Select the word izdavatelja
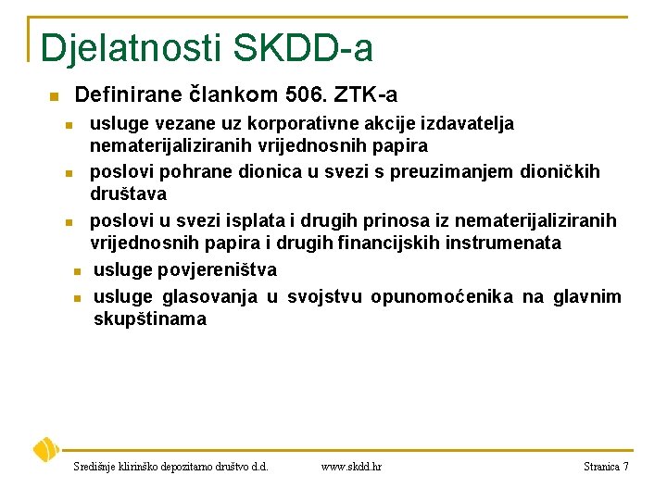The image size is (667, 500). point(469,123)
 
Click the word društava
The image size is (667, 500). point(128,194)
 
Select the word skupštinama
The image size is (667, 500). point(150,319)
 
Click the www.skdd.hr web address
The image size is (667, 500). point(351,467)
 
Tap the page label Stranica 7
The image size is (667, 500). point(606,467)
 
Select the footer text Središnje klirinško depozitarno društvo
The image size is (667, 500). point(170,467)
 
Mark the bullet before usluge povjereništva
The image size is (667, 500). point(79,270)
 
